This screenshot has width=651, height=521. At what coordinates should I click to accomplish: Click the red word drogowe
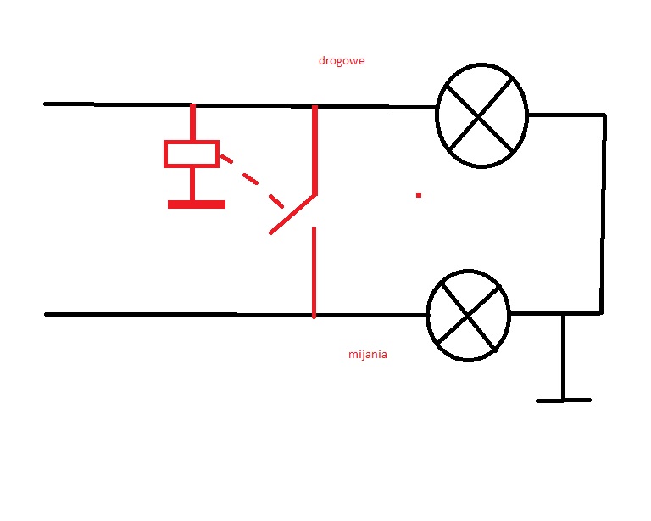(x=342, y=61)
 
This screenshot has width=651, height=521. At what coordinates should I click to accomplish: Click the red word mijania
(x=368, y=355)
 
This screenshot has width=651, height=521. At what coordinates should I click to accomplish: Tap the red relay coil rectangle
(x=192, y=154)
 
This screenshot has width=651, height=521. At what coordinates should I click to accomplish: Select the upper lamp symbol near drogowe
(x=481, y=115)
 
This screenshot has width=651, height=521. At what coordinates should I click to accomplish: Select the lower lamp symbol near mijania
(x=468, y=316)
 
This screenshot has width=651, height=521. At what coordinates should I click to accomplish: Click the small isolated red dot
(x=419, y=195)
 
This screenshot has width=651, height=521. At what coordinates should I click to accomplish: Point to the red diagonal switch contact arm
(x=293, y=215)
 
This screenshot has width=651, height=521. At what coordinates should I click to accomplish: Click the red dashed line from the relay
(x=252, y=181)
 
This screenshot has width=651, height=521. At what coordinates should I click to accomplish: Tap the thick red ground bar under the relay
(x=197, y=204)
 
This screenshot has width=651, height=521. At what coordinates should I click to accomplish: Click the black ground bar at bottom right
(x=564, y=401)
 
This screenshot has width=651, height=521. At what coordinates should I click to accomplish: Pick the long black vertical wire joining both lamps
(x=604, y=214)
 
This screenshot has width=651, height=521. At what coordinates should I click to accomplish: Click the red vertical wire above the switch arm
(x=314, y=150)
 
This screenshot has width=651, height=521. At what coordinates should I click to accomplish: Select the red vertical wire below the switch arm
(x=314, y=272)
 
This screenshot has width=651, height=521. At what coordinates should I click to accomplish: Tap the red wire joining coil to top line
(x=192, y=122)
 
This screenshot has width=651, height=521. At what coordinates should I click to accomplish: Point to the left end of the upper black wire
(x=45, y=104)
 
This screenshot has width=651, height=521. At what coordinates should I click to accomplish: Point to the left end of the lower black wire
(x=46, y=315)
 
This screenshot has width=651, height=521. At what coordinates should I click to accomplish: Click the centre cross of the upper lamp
(x=480, y=117)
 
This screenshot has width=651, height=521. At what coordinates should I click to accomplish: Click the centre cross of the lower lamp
(x=468, y=317)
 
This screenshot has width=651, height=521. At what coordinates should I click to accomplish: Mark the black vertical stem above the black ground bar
(x=564, y=356)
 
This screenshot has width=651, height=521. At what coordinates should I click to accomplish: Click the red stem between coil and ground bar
(x=192, y=184)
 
